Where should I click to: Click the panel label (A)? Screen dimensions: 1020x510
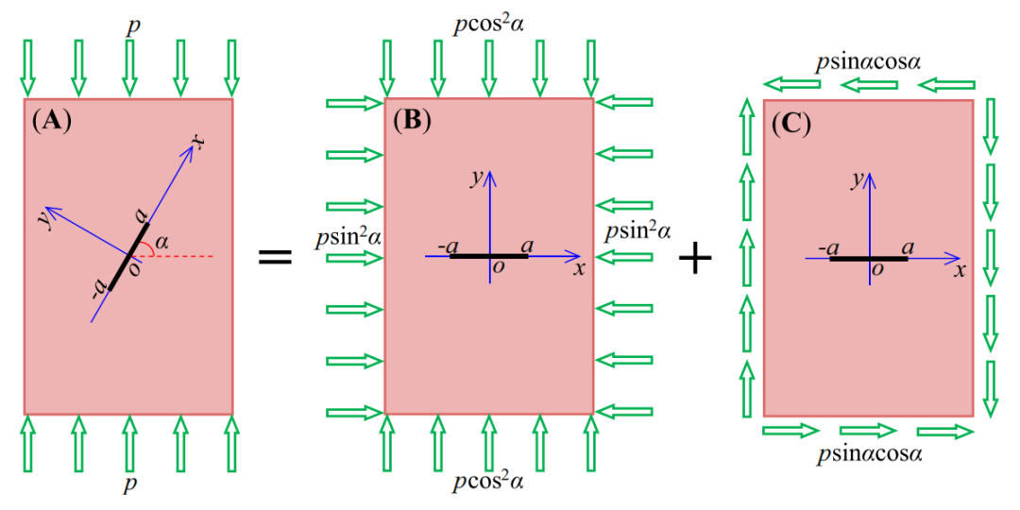[51, 121]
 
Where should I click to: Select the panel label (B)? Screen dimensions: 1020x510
[413, 121]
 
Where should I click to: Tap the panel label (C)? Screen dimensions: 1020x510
[791, 122]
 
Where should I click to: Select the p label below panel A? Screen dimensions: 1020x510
[129, 484]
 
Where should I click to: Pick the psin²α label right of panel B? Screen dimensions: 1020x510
[637, 231]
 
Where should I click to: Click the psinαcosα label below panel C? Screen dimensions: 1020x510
[869, 452]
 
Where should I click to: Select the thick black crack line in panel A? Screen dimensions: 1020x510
[129, 256]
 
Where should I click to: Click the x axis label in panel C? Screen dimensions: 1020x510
[959, 270]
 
